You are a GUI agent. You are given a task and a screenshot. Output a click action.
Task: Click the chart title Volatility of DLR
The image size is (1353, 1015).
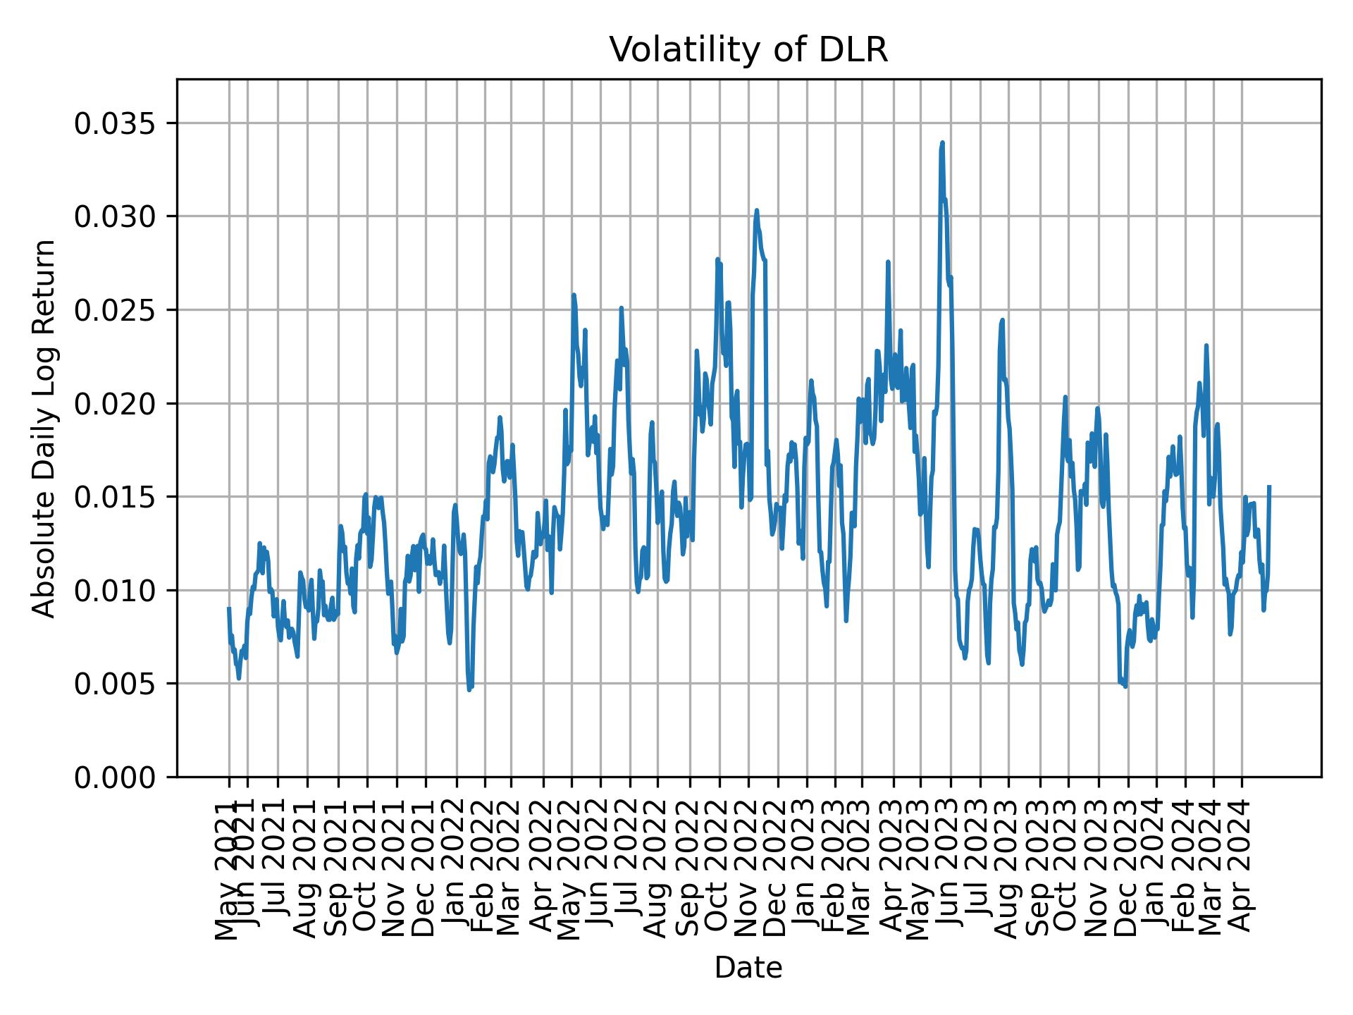pyautogui.click(x=748, y=50)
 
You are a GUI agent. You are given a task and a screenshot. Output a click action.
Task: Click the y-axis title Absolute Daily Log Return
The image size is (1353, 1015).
pyautogui.click(x=45, y=428)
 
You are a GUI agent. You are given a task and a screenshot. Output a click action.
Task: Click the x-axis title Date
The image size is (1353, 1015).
pyautogui.click(x=748, y=968)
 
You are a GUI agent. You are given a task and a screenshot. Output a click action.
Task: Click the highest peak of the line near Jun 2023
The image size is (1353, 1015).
pyautogui.click(x=942, y=143)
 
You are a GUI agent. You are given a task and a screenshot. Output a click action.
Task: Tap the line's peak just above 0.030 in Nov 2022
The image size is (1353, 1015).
pyautogui.click(x=756, y=210)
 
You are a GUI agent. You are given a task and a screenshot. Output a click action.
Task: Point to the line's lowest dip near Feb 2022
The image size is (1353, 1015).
pyautogui.click(x=469, y=689)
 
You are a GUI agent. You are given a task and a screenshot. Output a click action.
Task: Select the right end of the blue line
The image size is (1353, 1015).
pyautogui.click(x=1269, y=486)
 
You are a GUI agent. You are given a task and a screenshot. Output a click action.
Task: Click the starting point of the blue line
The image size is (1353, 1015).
pyautogui.click(x=229, y=608)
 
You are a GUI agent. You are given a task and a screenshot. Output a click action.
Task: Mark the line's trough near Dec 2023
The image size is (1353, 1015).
pyautogui.click(x=1125, y=686)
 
